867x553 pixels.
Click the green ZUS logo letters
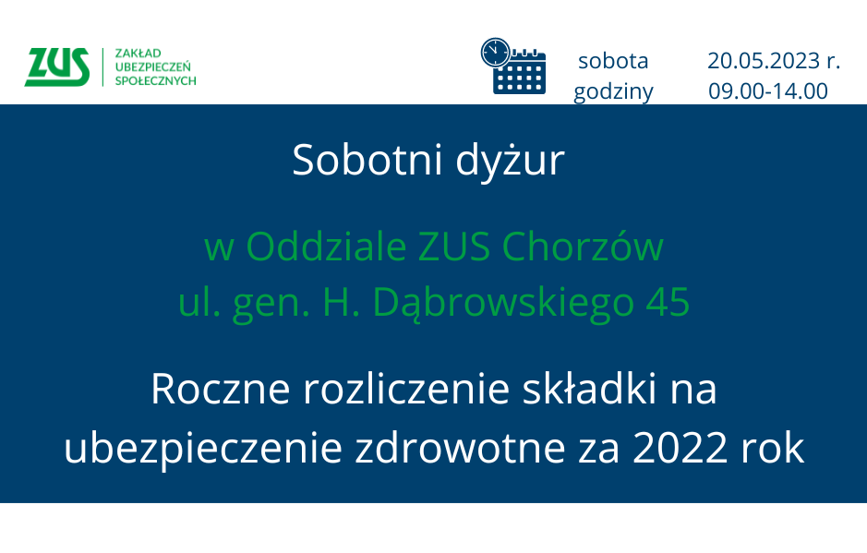pos(57,66)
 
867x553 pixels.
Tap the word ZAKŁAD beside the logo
pos(138,54)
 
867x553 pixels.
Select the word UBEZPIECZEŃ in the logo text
pos(152,66)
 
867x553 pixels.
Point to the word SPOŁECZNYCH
pos(155,80)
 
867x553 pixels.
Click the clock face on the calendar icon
pos(496,54)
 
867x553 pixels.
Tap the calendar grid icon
pos(519,73)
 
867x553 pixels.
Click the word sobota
pos(613,60)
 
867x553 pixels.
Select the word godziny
pos(613,91)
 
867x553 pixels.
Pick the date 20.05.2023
pos(764,60)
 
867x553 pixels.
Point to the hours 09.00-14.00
pos(768,90)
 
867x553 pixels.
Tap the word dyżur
pos(510,162)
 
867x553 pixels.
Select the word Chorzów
pos(583,246)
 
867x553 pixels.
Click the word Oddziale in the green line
pos(326,246)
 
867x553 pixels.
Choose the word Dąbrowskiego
pos(503,304)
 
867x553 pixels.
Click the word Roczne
pos(220,389)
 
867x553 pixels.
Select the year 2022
pos(680,448)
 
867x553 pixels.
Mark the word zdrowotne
pos(460,447)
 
